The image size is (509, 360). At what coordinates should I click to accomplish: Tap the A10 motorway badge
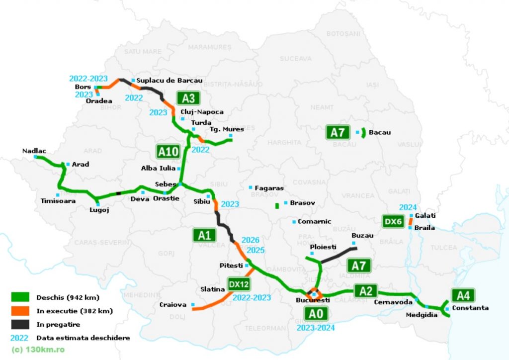pos(169,150)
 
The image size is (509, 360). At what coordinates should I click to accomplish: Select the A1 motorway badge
pos(204,236)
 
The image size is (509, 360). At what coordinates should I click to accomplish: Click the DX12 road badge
pos(239,283)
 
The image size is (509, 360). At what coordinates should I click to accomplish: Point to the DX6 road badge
pos(393,221)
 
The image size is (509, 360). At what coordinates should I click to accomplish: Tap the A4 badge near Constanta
pos(463,295)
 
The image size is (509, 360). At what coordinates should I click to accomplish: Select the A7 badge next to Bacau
pos(338,133)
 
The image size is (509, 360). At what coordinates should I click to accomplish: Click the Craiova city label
pos(172,304)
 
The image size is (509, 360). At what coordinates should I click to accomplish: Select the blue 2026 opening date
pos(250,240)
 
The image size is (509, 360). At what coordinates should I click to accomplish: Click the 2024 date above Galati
pos(408,207)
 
